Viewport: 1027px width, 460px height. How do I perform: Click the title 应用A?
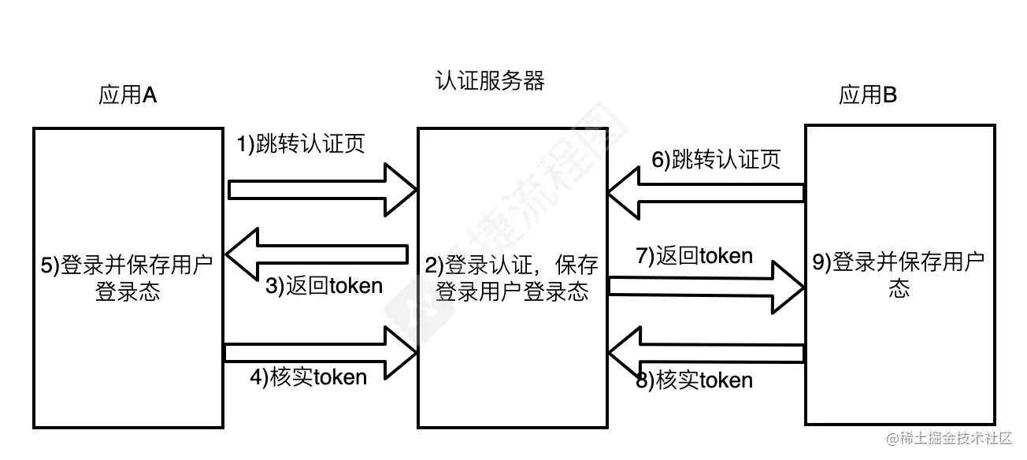(128, 96)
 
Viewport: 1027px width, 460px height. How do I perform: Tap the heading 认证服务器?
(490, 81)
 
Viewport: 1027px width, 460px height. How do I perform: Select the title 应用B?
(868, 96)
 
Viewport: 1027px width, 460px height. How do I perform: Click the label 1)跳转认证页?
(301, 144)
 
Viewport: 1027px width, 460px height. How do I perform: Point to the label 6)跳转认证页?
(716, 160)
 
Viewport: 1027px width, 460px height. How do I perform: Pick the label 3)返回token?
(324, 286)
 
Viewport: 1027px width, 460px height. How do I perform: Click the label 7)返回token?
(694, 256)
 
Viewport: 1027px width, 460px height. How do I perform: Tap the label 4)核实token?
(309, 377)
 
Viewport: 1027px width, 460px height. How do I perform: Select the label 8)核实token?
(694, 380)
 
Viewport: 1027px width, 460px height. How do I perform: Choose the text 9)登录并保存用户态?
(899, 275)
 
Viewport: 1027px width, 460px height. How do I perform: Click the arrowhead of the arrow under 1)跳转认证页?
(400, 190)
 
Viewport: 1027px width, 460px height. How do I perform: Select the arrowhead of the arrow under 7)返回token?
(788, 287)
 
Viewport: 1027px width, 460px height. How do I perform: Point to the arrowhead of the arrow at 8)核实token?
(624, 352)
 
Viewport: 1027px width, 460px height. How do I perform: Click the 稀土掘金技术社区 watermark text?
(955, 439)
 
